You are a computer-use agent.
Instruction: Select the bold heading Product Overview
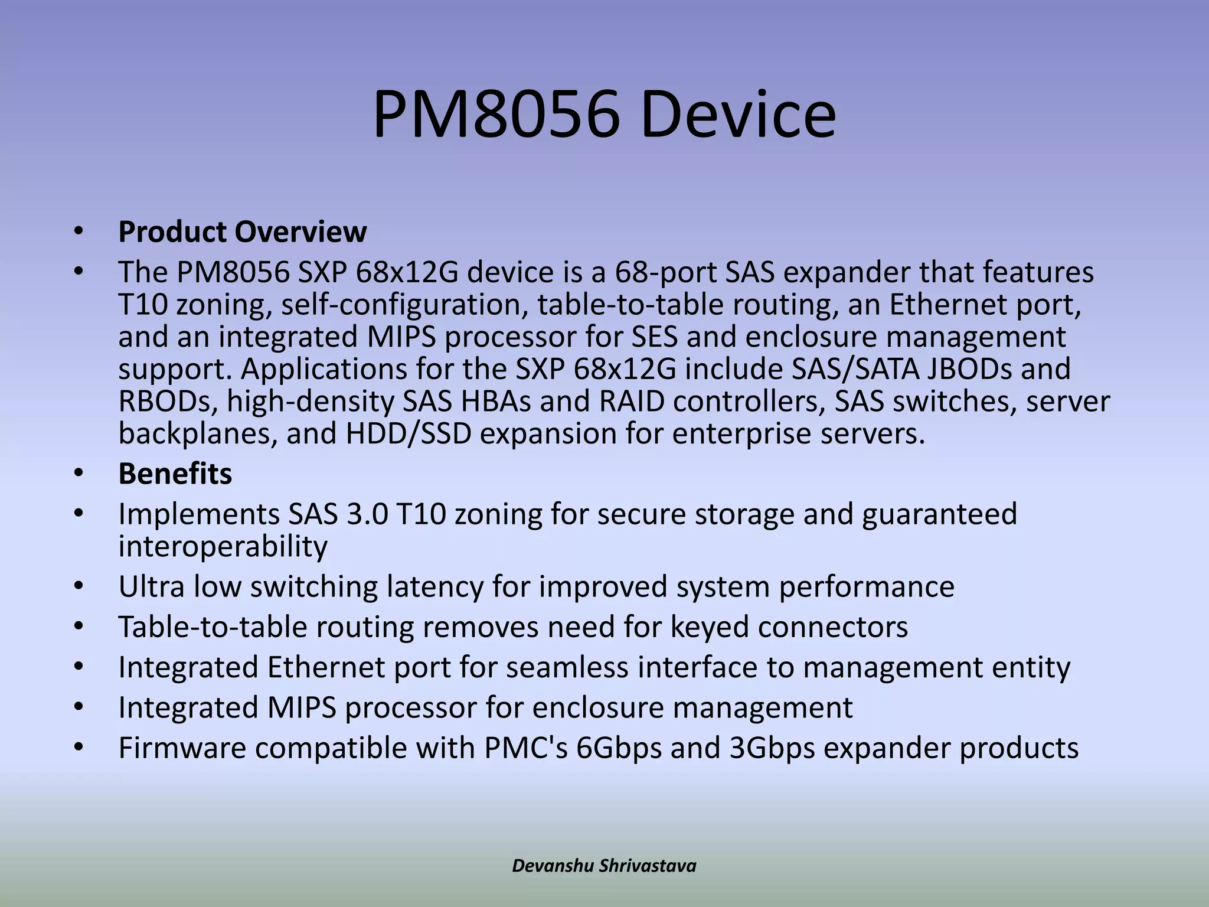tap(242, 231)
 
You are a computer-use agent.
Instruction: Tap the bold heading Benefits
tap(175, 474)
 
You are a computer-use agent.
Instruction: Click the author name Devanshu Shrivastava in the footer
tap(604, 866)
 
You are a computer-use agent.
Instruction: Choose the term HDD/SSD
tap(409, 434)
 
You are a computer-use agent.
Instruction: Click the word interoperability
tap(223, 546)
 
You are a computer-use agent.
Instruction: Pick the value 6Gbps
tap(619, 748)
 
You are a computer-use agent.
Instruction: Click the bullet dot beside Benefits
tap(79, 474)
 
